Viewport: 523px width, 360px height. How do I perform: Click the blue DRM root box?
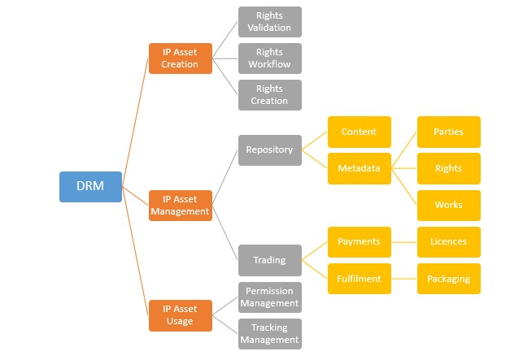point(91,187)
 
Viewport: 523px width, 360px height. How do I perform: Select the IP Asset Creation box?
point(181,59)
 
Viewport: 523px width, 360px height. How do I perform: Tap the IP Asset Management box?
point(181,205)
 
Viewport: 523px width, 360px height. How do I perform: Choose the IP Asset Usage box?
point(181,315)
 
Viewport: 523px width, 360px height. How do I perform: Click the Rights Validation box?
point(270,22)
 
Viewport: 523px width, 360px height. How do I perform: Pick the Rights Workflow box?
point(270,59)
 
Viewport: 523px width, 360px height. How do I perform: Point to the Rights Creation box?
point(270,95)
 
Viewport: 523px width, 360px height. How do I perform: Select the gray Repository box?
point(270,150)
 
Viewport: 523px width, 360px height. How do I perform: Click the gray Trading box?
point(270,260)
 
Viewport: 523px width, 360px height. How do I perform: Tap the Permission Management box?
point(270,297)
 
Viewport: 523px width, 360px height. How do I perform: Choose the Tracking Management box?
point(270,334)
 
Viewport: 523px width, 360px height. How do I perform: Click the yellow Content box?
point(359,132)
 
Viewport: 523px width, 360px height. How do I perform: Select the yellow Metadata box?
point(359,169)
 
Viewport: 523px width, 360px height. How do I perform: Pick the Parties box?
point(448,132)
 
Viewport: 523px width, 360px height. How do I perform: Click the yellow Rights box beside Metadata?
point(448,169)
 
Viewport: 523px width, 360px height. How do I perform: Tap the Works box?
point(448,206)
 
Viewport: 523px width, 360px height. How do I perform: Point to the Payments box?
point(359,242)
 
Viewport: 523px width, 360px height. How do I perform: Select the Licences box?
point(448,242)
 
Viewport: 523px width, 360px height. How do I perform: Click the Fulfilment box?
point(359,279)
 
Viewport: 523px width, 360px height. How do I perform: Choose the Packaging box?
point(448,279)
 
